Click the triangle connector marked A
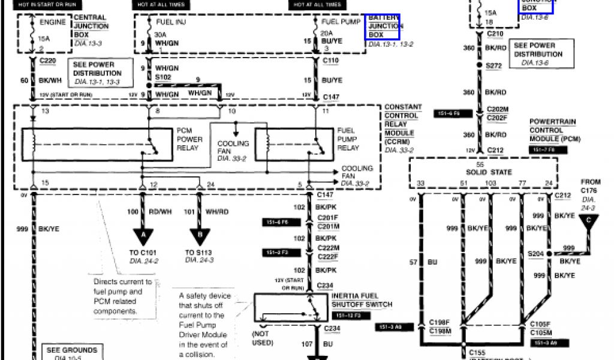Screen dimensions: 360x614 pos(143,236)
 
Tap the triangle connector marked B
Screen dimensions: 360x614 pos(199,236)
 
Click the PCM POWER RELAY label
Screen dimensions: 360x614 pos(189,139)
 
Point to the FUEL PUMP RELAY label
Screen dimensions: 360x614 pos(348,139)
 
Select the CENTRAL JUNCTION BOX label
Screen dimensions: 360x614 pos(91,26)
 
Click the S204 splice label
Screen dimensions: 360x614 pos(535,253)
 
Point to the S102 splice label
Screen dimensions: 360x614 pos(163,77)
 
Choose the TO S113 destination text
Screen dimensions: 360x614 pos(199,253)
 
